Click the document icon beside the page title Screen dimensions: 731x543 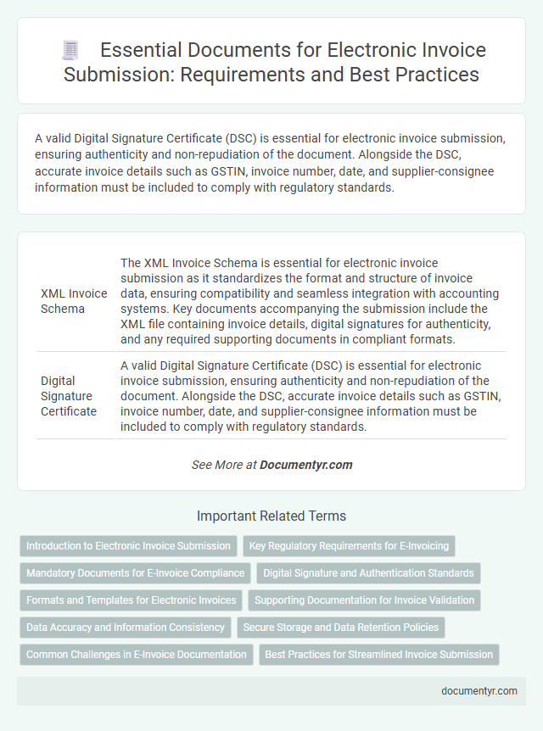point(70,51)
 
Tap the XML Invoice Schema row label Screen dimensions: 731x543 point(74,301)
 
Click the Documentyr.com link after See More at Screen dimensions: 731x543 point(305,465)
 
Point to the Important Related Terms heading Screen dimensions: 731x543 point(271,516)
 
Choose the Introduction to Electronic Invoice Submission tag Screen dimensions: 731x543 point(128,546)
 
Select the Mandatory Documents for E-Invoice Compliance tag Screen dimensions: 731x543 point(135,573)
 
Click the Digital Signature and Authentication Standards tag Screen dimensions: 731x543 point(368,573)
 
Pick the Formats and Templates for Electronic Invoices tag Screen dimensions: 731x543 point(132,600)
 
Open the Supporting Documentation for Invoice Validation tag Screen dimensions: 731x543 point(364,600)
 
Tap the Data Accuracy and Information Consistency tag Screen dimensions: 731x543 point(126,628)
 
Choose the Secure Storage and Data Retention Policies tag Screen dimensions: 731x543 point(339,628)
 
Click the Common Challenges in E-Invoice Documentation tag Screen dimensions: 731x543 point(137,655)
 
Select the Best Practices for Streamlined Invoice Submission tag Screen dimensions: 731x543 point(378,655)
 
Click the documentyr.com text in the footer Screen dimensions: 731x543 point(479,691)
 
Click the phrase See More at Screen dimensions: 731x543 point(224,465)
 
